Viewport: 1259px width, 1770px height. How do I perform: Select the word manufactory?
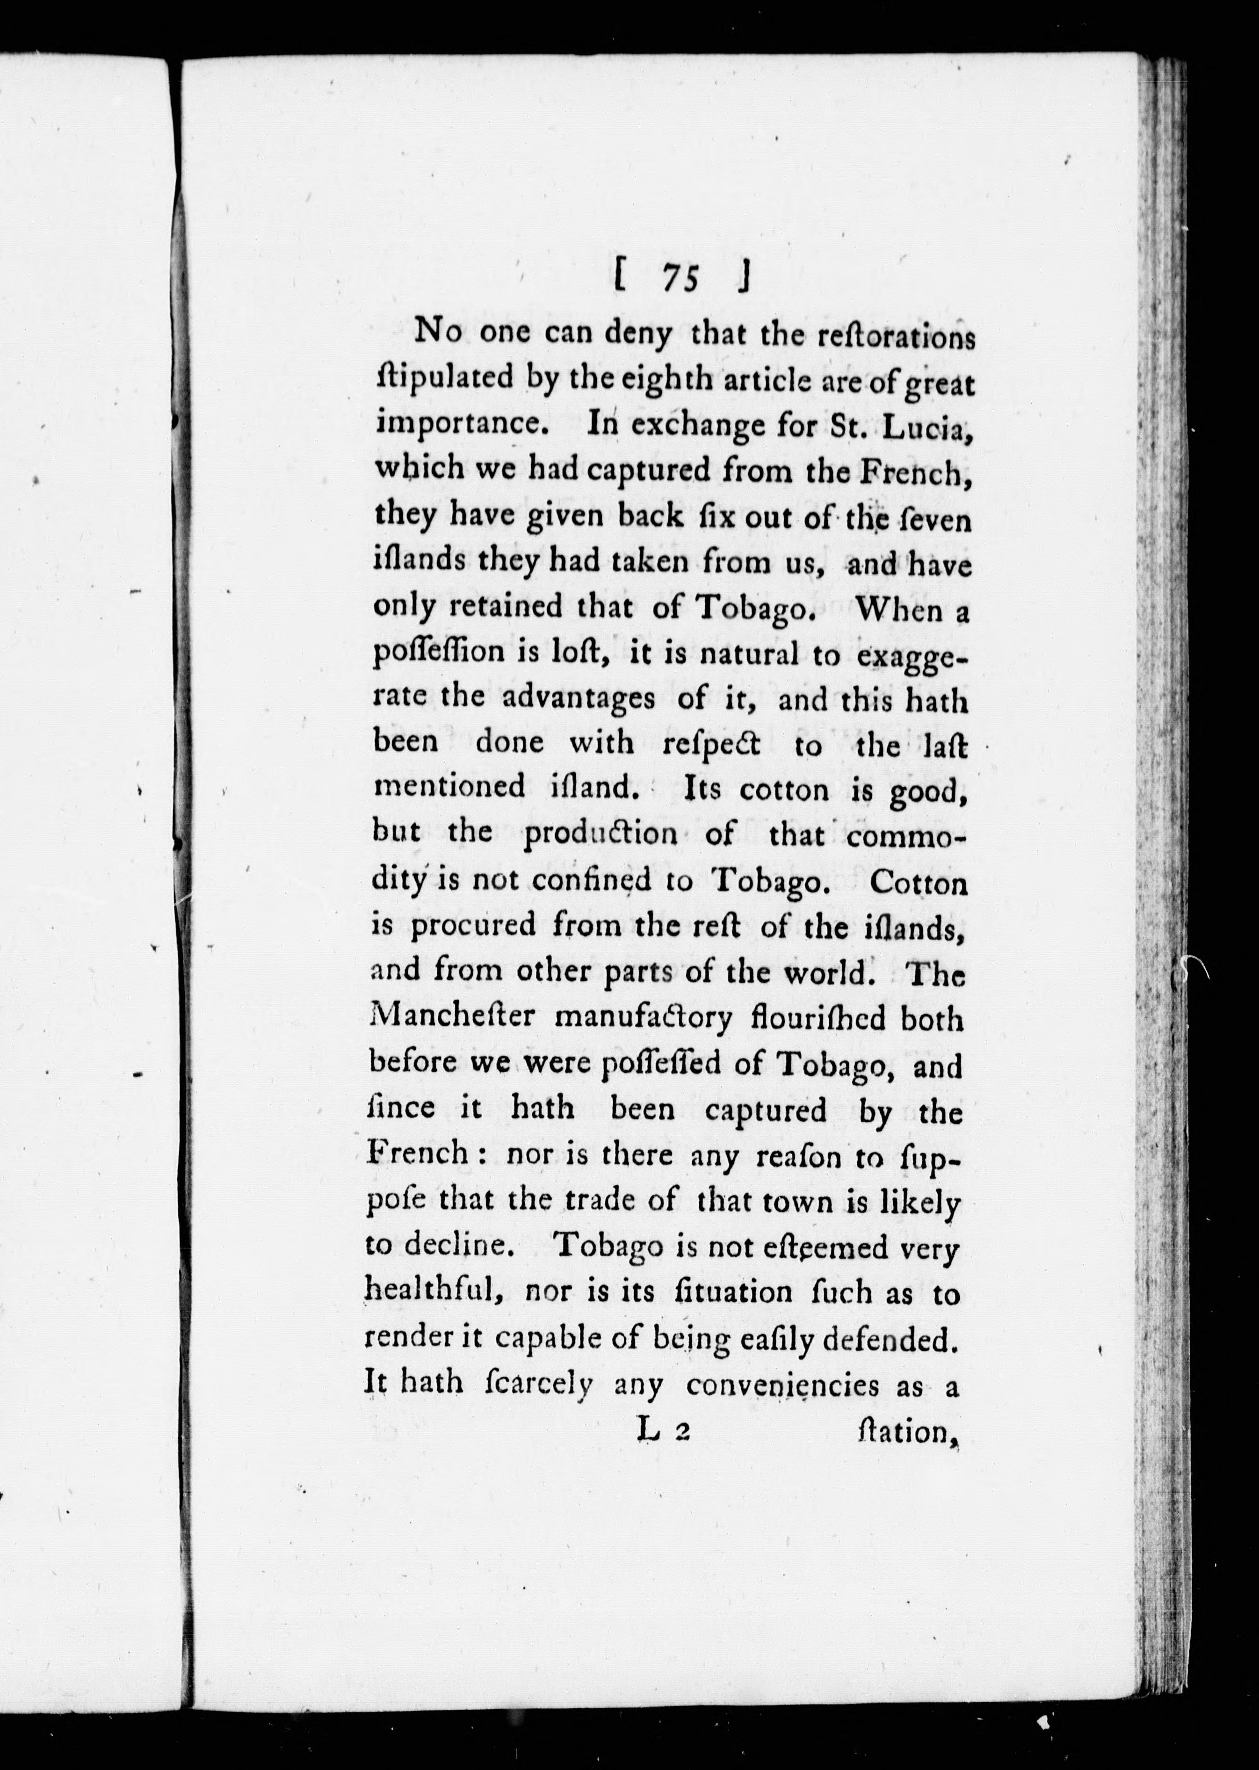[643, 1019]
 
